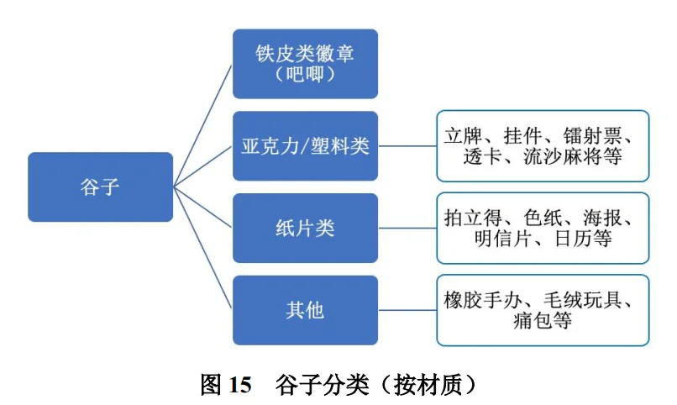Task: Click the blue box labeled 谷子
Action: [100, 187]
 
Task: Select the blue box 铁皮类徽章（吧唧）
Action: [305, 64]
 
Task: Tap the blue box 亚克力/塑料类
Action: [305, 145]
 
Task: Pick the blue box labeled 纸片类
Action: [305, 228]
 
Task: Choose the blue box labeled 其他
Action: [305, 310]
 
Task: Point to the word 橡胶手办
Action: [483, 300]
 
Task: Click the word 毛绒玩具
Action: [580, 300]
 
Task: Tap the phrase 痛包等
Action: [542, 321]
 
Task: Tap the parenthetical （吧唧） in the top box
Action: [305, 75]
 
